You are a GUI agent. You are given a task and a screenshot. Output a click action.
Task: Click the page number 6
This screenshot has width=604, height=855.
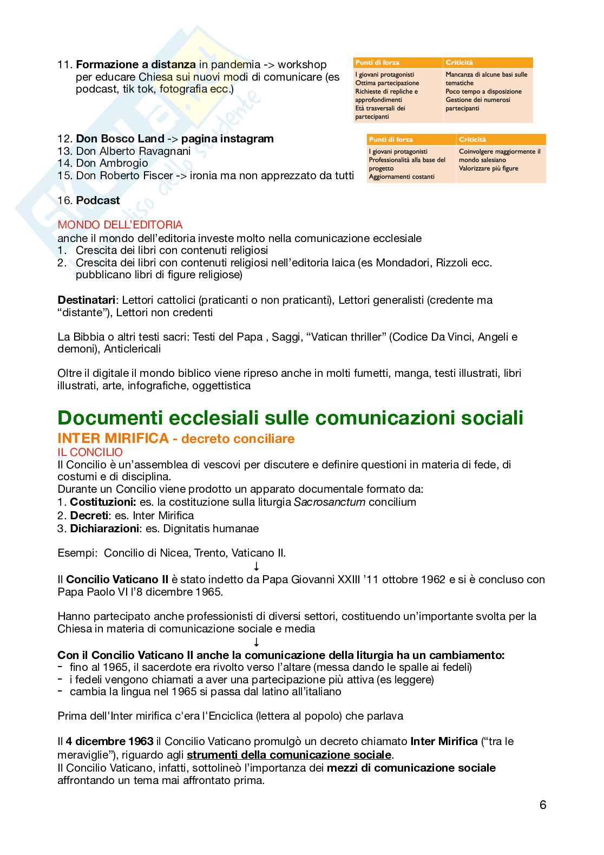click(x=543, y=805)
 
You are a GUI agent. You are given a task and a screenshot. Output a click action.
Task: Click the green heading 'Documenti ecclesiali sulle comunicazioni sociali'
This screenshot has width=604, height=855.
click(x=290, y=418)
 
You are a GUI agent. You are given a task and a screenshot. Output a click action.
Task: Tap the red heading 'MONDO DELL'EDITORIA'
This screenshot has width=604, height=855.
click(x=120, y=225)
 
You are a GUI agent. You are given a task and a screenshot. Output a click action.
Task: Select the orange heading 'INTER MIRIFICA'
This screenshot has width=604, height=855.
click(x=113, y=438)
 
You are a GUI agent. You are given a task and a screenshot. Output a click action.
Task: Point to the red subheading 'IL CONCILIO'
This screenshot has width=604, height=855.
click(x=90, y=452)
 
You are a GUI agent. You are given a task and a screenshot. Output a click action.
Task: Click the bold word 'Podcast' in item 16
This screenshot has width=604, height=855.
click(x=98, y=200)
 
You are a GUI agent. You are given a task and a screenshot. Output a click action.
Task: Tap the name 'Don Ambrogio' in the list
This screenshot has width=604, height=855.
click(x=112, y=163)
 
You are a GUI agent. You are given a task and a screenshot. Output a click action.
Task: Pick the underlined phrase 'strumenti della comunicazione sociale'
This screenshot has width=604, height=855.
click(x=289, y=755)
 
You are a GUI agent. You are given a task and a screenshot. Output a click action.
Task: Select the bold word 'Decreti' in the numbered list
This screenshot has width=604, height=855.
click(x=89, y=515)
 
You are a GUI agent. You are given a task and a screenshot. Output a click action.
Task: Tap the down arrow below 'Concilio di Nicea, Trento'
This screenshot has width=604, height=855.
click(x=257, y=566)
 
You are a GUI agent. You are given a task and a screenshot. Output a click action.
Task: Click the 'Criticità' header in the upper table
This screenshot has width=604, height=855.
click(x=459, y=63)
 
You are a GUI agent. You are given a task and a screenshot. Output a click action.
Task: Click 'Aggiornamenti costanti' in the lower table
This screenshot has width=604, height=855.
click(x=401, y=177)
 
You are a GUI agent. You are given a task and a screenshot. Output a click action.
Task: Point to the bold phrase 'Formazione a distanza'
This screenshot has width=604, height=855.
click(x=136, y=65)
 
